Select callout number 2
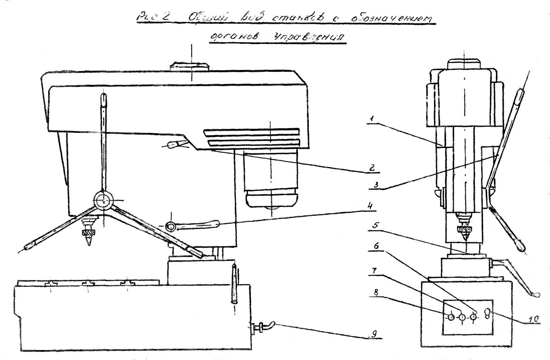coord(372,168)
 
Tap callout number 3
coord(375,185)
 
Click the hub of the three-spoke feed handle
coord(103,201)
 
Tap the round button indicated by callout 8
coord(451,317)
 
